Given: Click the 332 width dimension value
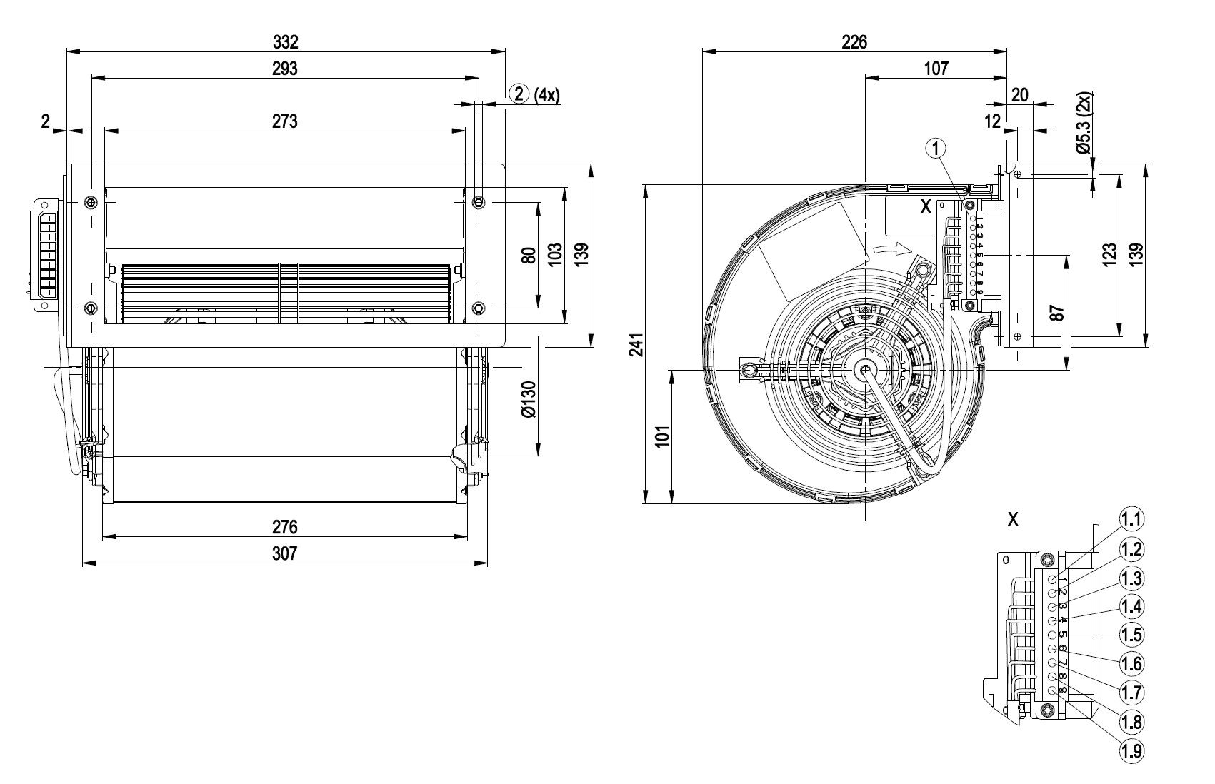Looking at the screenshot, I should (x=285, y=41).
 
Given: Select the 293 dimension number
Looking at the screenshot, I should (x=285, y=69).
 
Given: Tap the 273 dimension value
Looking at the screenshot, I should (x=284, y=121).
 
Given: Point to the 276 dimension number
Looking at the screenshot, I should (x=284, y=528).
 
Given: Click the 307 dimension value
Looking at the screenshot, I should (x=284, y=553).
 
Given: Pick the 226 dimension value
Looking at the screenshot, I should (x=854, y=41).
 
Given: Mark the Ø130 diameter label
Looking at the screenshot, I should (x=528, y=400).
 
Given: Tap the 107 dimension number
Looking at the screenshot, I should (x=936, y=69).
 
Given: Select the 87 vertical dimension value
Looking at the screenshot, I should (x=1057, y=312).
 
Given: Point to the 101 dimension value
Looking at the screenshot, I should (x=662, y=436).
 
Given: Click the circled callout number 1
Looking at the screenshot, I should (x=936, y=148).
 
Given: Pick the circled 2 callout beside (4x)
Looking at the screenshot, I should (x=519, y=94).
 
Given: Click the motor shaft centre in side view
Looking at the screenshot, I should (x=865, y=369).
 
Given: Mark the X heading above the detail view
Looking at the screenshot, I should (x=1013, y=520).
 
